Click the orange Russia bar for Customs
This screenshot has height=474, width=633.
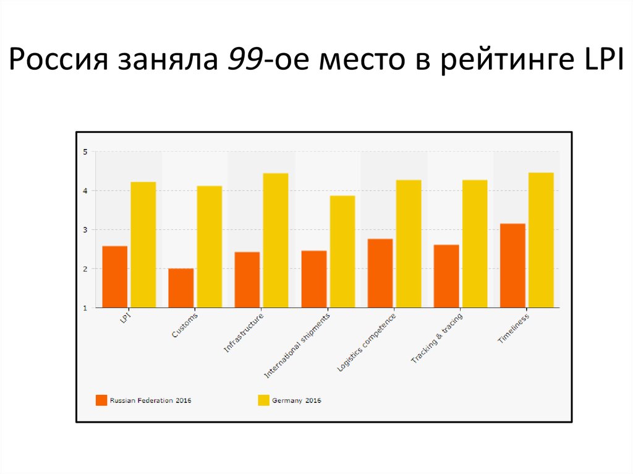181,288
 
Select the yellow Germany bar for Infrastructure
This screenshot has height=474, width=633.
276,240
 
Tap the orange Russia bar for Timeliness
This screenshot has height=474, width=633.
512,266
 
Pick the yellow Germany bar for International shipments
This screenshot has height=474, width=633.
342,252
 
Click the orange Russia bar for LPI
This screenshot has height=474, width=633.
115,277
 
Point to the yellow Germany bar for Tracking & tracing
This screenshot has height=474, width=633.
475,244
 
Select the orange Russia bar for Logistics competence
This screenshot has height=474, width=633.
380,273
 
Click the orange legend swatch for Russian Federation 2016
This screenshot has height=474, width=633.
101,400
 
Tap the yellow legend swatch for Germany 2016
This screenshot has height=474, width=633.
263,400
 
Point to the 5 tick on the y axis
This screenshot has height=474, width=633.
85,151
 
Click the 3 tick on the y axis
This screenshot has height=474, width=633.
85,230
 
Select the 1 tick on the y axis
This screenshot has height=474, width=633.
85,308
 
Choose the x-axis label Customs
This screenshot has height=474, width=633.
185,325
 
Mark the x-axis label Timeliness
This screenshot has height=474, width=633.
514,329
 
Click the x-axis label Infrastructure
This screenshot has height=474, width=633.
244,333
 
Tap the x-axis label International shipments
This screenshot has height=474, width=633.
297,346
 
